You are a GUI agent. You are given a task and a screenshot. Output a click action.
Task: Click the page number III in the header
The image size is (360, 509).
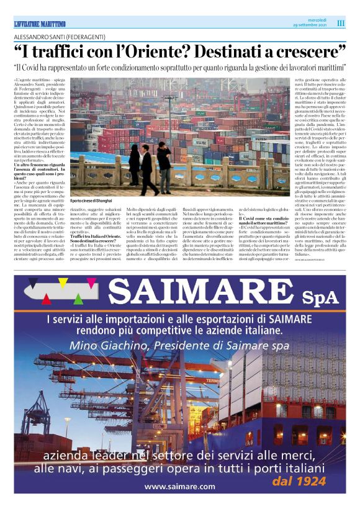[341, 23]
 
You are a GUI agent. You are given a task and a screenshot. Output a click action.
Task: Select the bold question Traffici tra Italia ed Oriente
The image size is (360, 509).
[96, 254]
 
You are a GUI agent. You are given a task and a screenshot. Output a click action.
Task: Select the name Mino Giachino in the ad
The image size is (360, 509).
[106, 345]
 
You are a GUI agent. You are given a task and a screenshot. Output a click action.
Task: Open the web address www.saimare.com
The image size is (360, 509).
[180, 486]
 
